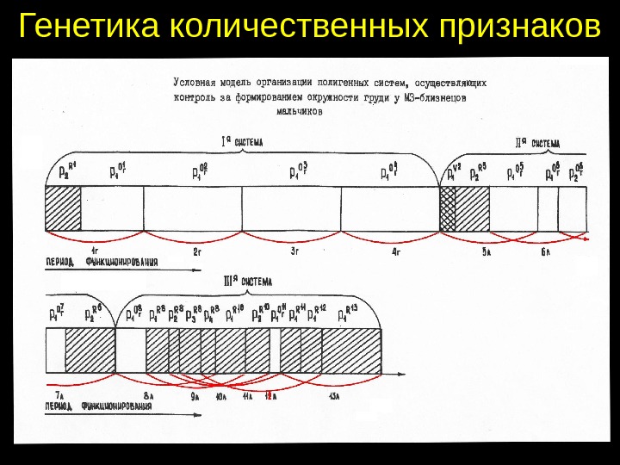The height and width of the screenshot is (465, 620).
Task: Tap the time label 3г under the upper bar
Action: pos(294,252)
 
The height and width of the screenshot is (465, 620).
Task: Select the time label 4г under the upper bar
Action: pos(395,252)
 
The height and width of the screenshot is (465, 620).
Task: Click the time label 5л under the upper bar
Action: pos(486,252)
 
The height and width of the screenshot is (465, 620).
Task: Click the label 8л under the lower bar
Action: pos(148,395)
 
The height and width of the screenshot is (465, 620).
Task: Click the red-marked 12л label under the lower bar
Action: pos(270,395)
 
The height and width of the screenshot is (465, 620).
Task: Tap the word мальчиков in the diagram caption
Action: pos(301,109)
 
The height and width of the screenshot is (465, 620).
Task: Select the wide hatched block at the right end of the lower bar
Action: pos(351,350)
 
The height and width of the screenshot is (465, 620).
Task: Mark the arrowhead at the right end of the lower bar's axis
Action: pos(403,375)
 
